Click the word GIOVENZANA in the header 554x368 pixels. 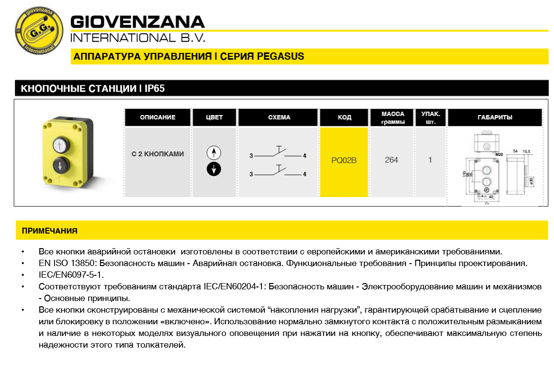[138, 22]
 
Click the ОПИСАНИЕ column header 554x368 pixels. [158, 117]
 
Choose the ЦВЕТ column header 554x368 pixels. [214, 117]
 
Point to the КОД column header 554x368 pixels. [344, 117]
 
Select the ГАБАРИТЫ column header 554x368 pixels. [495, 117]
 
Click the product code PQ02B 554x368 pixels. [344, 160]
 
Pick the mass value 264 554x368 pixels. [391, 160]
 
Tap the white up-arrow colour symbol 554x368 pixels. [213, 152]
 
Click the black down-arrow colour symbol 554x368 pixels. [213, 169]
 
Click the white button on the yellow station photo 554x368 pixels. [59, 144]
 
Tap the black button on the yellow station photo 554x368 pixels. [59, 166]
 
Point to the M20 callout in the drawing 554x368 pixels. [499, 154]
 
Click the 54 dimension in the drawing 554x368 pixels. [515, 151]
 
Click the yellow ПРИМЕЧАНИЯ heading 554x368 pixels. [49, 231]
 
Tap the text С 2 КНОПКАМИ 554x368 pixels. [158, 154]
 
